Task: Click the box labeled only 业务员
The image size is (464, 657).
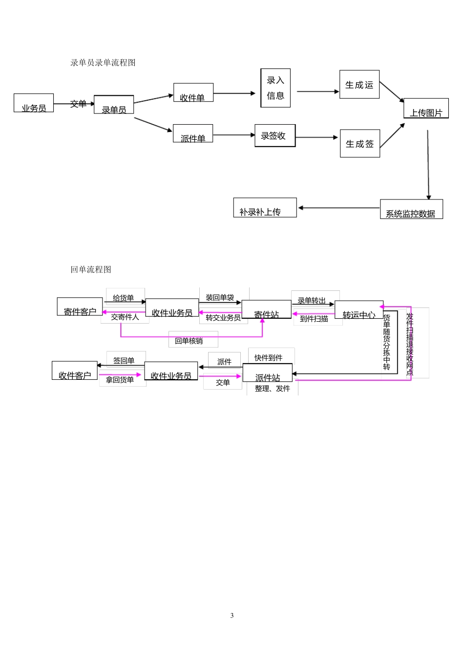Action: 34,103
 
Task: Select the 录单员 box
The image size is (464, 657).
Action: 114,105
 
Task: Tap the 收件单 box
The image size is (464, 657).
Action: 193,92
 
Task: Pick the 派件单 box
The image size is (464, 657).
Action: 193,133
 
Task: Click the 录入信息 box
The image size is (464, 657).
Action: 275,88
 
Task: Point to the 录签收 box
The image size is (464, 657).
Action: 275,135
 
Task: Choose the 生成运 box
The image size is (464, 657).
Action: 359,85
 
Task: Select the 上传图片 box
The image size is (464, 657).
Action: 426,108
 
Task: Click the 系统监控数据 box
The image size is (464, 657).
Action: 411,209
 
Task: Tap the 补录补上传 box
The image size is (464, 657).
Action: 265,208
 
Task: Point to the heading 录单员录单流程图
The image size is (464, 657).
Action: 103,63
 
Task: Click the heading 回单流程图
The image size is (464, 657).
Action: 91,269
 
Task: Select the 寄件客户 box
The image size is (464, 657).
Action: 80,307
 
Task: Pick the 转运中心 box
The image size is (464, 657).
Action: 359,310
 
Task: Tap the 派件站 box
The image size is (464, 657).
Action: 268,373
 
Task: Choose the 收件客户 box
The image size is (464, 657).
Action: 75,371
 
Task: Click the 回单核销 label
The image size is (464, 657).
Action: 189,341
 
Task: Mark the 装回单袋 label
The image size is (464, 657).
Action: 220,297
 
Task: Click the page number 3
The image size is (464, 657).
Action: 232,615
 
